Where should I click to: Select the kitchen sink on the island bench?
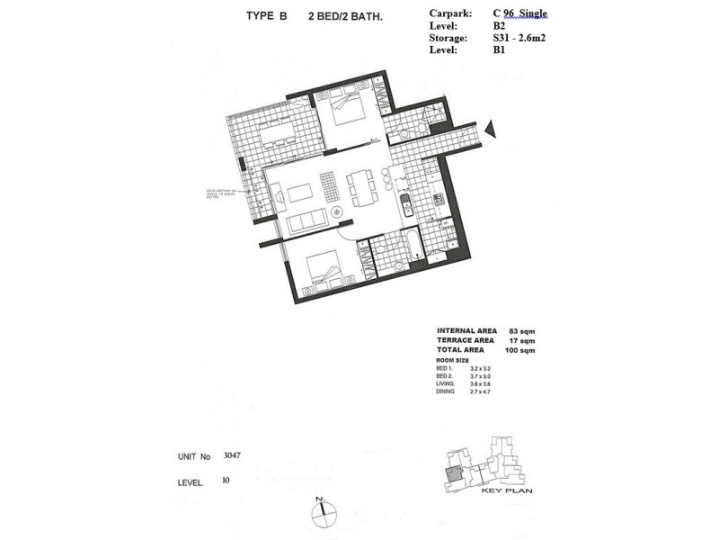pyautogui.click(x=404, y=203)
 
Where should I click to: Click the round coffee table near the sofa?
pyautogui.click(x=337, y=212)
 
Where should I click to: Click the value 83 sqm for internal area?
pyautogui.click(x=517, y=331)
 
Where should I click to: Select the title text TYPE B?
pyautogui.click(x=266, y=15)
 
